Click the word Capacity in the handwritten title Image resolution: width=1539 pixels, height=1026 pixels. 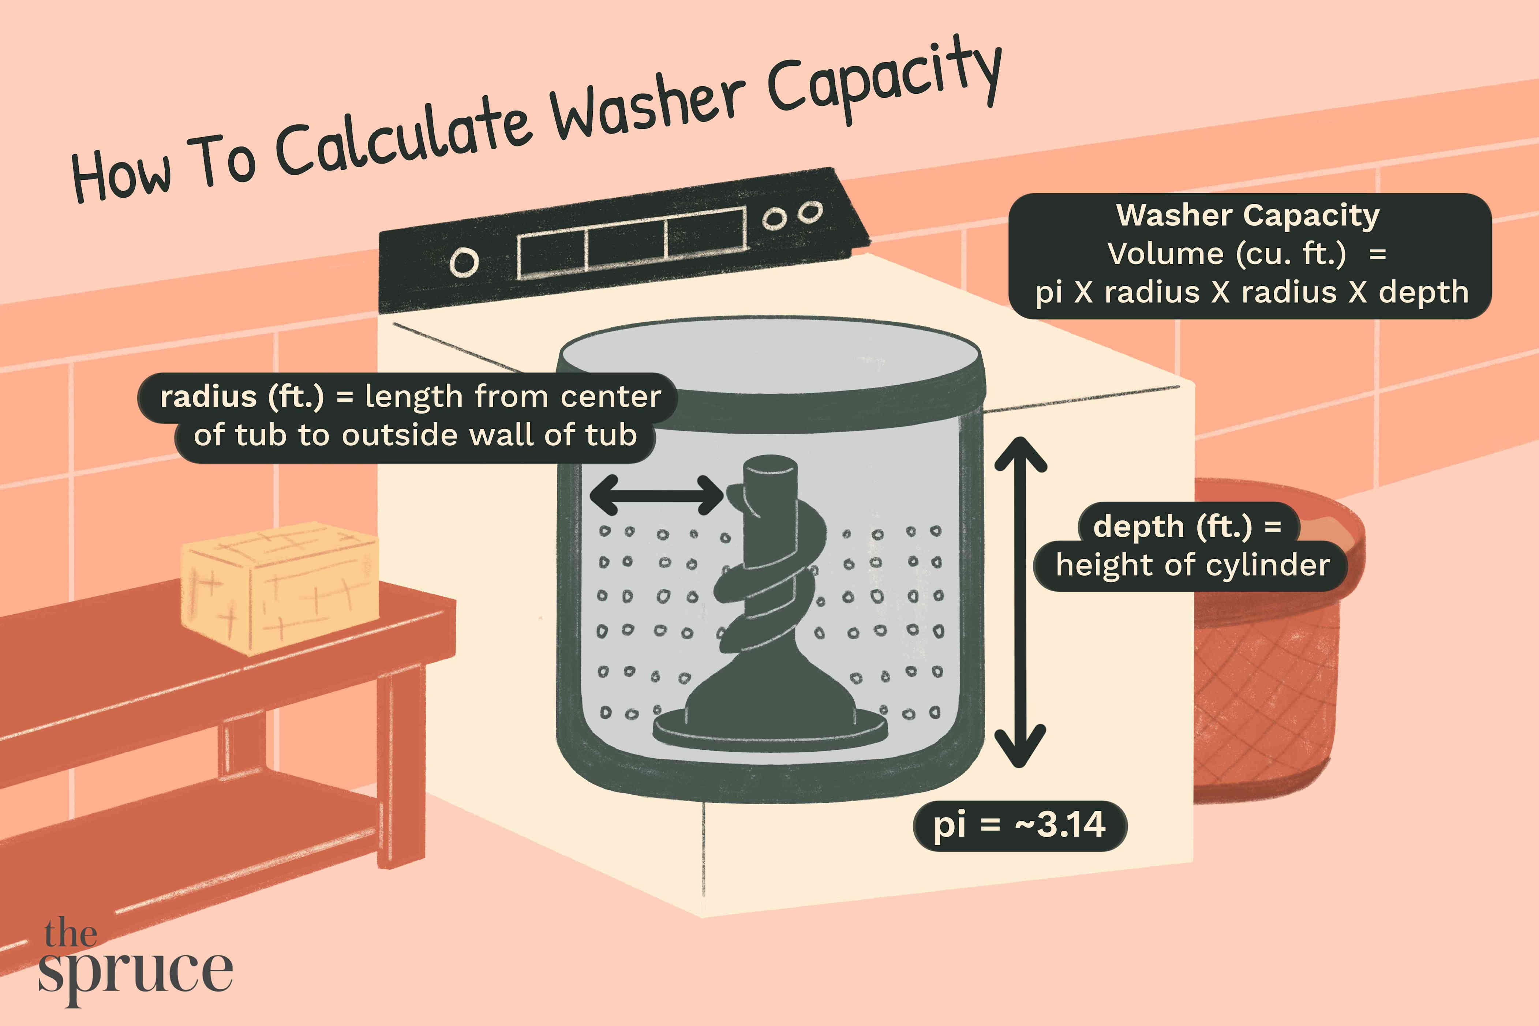[x=883, y=82]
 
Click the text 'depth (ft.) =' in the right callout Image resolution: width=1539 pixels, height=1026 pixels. [x=1187, y=527]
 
